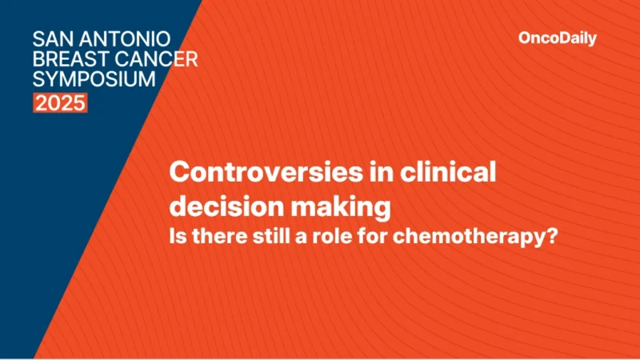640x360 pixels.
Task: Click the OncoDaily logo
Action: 558,38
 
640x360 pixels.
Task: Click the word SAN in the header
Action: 50,38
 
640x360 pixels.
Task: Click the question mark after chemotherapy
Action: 551,238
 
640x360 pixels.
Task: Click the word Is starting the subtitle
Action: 180,238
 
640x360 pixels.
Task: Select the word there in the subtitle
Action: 219,238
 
